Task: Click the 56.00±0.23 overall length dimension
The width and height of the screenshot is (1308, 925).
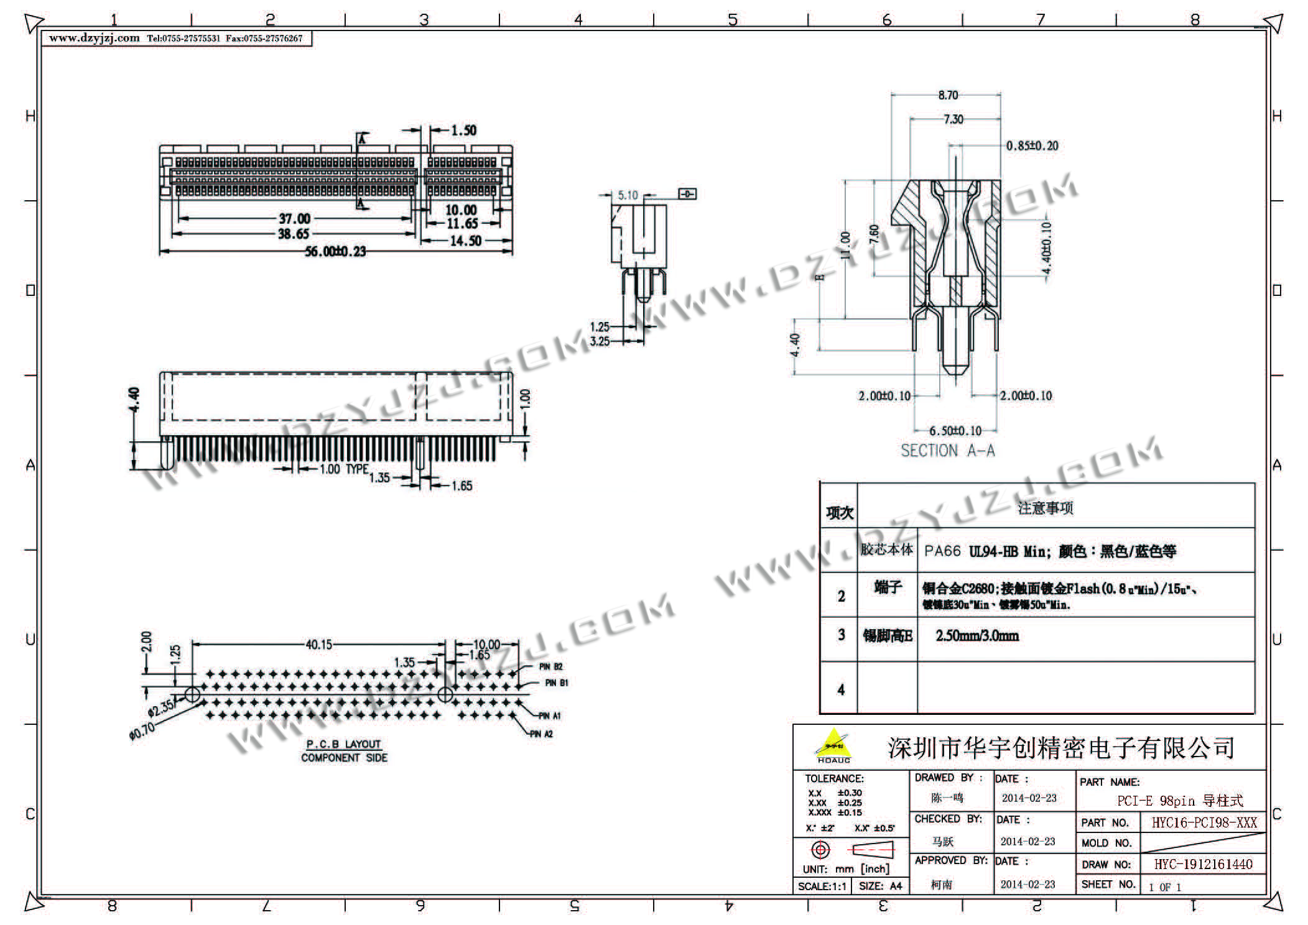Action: click(x=335, y=252)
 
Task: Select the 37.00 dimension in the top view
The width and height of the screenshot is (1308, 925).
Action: click(x=294, y=219)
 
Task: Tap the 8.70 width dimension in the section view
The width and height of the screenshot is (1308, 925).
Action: click(x=948, y=95)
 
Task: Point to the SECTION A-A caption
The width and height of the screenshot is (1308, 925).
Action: click(x=947, y=451)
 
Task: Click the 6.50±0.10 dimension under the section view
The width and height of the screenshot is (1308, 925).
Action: click(x=955, y=431)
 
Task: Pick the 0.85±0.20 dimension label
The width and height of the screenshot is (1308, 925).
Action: click(x=1032, y=146)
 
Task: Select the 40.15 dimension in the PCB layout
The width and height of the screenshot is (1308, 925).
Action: click(x=318, y=645)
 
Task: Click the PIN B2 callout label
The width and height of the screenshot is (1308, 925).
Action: click(x=550, y=667)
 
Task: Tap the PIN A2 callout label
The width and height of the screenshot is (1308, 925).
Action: click(x=541, y=734)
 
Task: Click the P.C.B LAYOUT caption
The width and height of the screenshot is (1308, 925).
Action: click(x=343, y=744)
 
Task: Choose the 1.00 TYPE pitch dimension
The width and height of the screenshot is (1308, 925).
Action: click(x=343, y=469)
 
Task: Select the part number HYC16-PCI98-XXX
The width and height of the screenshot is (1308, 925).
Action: click(x=1204, y=822)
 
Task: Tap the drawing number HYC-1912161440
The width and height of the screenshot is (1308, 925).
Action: click(x=1203, y=864)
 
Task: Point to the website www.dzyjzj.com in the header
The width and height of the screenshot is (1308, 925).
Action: click(x=95, y=38)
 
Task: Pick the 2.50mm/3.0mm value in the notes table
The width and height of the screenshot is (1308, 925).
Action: click(x=977, y=636)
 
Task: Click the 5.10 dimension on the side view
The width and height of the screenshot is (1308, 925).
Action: click(x=628, y=195)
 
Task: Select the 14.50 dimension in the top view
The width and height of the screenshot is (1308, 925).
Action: click(x=465, y=241)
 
